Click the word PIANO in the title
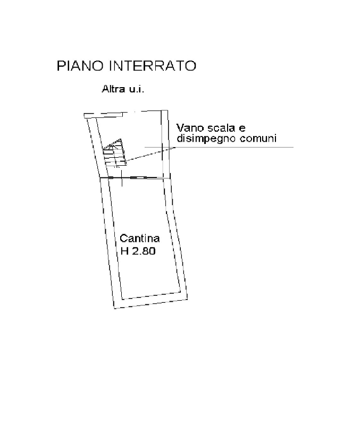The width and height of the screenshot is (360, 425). [x=80, y=66]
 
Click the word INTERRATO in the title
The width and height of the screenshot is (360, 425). [x=153, y=66]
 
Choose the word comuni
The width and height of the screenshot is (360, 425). [x=258, y=139]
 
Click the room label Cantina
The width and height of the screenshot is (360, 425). [x=139, y=238]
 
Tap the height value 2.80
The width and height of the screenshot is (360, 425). [x=144, y=251]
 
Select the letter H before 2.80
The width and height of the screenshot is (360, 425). [x=124, y=251]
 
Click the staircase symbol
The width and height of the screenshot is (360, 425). [x=114, y=153]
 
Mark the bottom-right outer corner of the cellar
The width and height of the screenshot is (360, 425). [x=188, y=299]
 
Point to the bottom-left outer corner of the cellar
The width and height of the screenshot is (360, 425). [x=114, y=309]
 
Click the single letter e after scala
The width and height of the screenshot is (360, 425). [x=242, y=128]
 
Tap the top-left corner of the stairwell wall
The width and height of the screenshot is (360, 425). [x=84, y=114]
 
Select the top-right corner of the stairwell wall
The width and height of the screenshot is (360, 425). [x=168, y=110]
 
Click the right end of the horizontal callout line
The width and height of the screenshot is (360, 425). [x=293, y=148]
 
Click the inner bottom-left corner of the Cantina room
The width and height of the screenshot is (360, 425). [x=122, y=299]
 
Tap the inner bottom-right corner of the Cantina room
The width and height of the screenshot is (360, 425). [x=181, y=292]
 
